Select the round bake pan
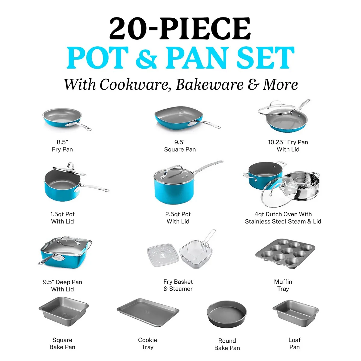(x=227, y=315)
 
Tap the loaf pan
(x=296, y=313)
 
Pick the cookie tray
(x=148, y=313)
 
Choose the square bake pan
(x=64, y=312)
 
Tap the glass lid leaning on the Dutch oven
(x=279, y=192)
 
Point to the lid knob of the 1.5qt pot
(x=71, y=165)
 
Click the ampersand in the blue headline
(x=146, y=58)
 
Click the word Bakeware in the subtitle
(x=210, y=85)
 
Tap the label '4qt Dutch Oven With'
(x=283, y=214)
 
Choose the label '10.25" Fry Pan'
(x=288, y=142)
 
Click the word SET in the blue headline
(x=265, y=57)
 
